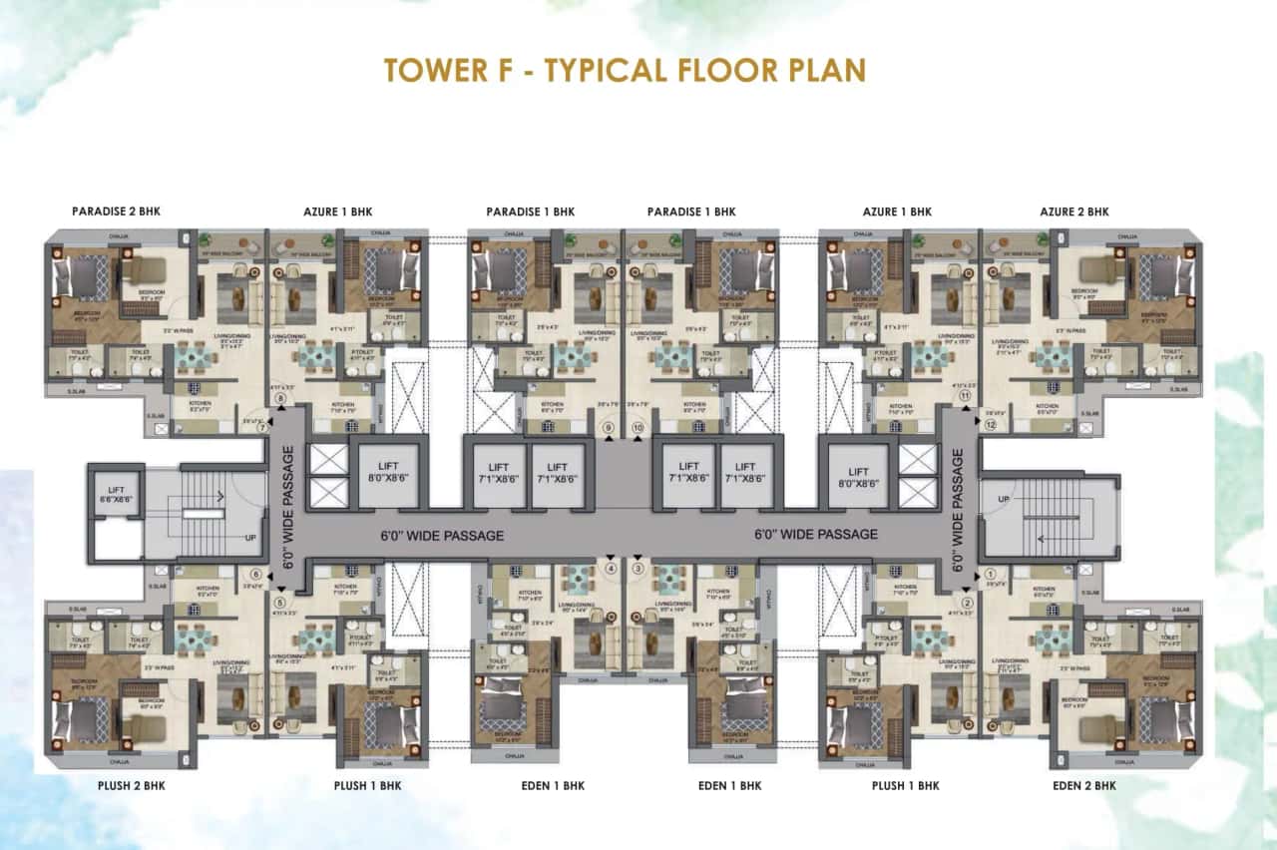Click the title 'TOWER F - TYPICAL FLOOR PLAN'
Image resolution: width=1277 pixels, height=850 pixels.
(x=625, y=70)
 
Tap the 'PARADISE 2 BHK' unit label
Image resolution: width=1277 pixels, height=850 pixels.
(x=116, y=212)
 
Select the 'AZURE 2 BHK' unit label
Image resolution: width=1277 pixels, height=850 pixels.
(x=1073, y=212)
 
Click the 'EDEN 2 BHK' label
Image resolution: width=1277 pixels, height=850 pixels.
(x=1084, y=786)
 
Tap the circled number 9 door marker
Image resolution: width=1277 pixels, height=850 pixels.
(x=609, y=429)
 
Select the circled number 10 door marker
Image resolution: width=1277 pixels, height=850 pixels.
(x=638, y=429)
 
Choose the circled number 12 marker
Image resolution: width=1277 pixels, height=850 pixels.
(x=991, y=424)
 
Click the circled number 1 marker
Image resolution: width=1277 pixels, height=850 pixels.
(x=991, y=574)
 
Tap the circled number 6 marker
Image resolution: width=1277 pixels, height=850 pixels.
(x=256, y=575)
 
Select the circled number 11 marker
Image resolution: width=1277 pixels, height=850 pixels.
(x=965, y=396)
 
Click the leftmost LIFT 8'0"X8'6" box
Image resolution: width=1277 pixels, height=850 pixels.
(x=386, y=473)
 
